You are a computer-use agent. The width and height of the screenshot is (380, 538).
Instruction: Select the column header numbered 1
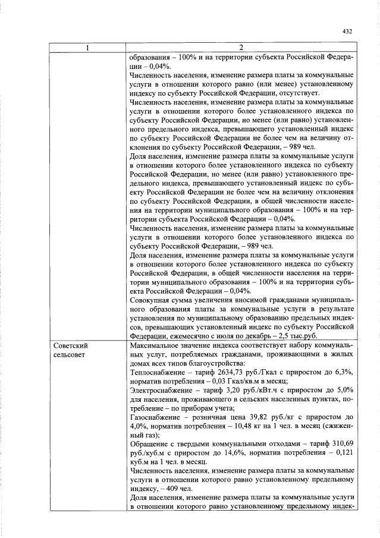87,48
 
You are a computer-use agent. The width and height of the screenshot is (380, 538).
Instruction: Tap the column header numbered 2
241,48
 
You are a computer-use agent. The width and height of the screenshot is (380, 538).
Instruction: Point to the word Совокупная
152,300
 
